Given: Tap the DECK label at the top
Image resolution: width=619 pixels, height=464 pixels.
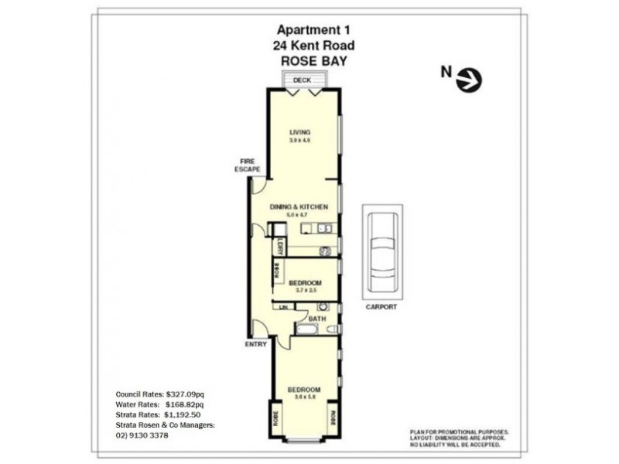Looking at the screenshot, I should point(301,80).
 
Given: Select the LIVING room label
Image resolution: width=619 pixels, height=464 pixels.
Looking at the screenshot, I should point(299,131).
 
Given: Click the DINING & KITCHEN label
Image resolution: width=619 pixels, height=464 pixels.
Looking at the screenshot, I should point(299,207).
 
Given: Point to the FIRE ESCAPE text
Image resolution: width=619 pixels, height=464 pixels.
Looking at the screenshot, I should point(248,165).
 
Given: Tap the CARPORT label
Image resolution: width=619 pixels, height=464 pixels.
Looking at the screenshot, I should point(382,307).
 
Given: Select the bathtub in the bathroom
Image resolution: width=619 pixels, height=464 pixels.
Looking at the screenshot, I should point(305,331).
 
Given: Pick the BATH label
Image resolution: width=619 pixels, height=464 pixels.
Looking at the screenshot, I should point(317,319).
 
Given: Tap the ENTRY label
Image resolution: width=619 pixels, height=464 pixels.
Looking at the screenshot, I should point(255,344).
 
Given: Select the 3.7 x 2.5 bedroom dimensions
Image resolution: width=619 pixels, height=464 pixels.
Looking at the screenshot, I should point(304,292).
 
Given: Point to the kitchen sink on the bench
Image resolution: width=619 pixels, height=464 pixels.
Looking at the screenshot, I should point(321,228).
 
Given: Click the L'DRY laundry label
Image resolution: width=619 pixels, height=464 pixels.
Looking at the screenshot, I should point(279,247).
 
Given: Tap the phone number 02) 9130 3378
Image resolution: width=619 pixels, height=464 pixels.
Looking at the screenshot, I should point(142,435).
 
